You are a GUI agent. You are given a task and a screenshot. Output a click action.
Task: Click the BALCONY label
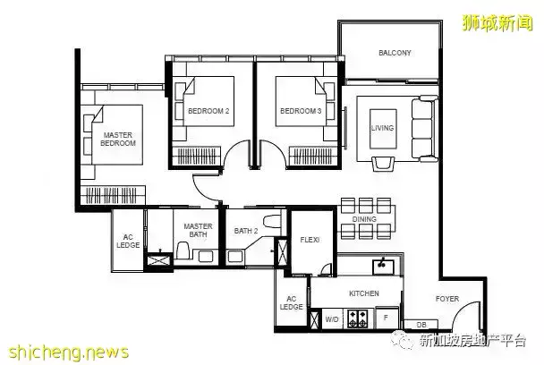point(395,53)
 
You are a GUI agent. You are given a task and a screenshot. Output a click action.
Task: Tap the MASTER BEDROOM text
point(118,139)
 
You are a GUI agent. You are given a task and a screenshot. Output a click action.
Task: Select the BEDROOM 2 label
point(208,111)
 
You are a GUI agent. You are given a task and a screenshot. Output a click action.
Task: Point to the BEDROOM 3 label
point(301,111)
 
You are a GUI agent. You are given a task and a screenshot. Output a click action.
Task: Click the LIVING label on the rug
point(382,128)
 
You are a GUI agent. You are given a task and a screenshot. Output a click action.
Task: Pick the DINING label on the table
point(364,219)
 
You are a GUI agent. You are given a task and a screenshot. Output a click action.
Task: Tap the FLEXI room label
point(310,240)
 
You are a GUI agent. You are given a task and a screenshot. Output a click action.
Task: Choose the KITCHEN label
point(363,293)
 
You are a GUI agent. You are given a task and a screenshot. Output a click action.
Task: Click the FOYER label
point(447,299)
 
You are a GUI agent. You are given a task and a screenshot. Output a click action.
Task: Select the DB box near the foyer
point(421,325)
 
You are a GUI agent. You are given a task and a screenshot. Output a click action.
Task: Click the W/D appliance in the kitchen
point(332,318)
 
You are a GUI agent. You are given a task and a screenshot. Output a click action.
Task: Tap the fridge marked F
point(387,318)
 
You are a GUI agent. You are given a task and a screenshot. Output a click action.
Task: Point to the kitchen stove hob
point(357,318)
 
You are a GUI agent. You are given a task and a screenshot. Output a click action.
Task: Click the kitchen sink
point(383,267)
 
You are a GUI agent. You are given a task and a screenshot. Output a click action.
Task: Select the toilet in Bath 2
point(272,221)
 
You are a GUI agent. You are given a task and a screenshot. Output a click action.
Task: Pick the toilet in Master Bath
point(183,250)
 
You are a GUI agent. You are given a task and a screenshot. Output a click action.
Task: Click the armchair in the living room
point(383,164)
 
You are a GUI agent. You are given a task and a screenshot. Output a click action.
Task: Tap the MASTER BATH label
point(198,231)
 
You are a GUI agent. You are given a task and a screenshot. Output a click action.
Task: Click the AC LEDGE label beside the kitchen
point(291,303)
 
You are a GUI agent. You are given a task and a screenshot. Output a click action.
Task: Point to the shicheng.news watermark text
point(69,352)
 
